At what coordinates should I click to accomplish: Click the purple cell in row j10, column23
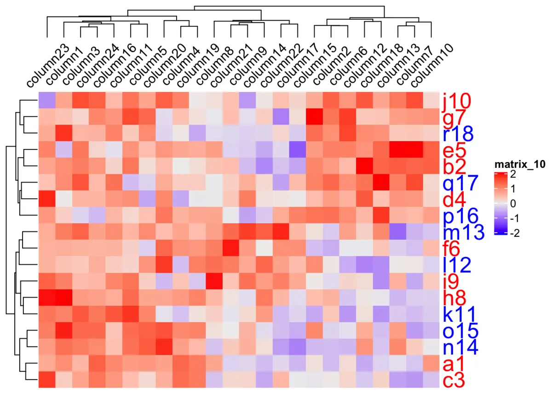pos(46,101)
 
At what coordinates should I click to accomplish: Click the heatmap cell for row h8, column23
pos(46,297)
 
